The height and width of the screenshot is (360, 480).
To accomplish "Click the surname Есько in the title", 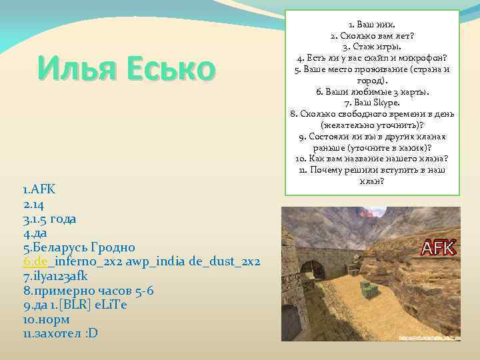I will (167, 69).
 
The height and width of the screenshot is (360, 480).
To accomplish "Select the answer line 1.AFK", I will (41, 189).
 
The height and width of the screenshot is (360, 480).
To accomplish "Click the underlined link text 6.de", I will (35, 261).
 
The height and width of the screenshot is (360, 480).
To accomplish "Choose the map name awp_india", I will (159, 261).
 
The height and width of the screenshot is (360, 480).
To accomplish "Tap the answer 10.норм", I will (47, 319).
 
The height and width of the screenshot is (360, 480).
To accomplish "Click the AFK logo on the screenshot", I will (437, 247).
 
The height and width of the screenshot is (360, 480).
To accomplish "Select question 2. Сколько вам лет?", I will (373, 35).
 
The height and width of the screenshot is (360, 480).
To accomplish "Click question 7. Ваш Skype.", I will (373, 103).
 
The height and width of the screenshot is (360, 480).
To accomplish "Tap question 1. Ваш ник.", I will (373, 25).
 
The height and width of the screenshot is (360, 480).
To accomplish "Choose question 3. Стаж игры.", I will (373, 47).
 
